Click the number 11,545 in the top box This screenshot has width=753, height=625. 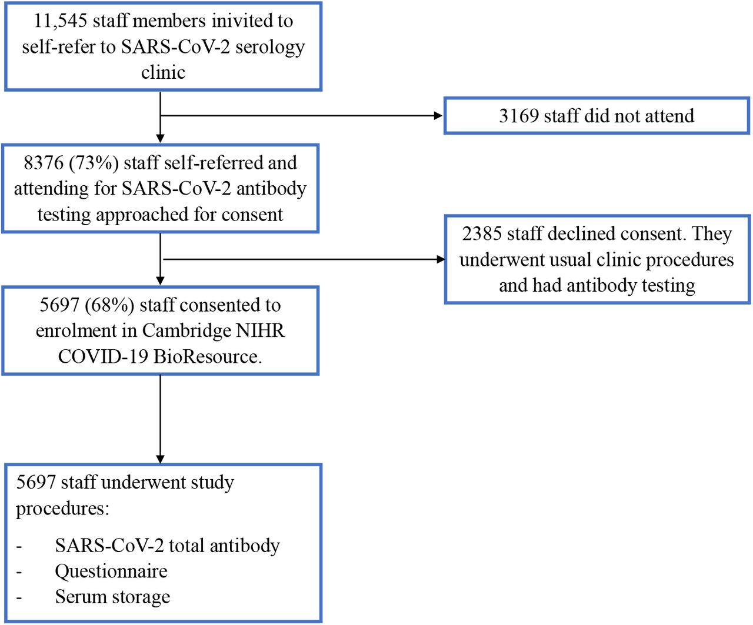point(61,21)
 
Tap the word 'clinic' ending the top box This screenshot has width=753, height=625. point(163,72)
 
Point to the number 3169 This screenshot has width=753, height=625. point(519,116)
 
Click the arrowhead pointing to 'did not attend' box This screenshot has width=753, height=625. point(438,116)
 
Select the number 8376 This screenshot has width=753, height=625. point(44,163)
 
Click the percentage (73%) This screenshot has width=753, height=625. point(94,163)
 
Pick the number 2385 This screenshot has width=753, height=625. point(482,234)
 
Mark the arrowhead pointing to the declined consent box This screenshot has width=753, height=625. point(441,259)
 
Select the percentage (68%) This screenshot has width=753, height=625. point(109,305)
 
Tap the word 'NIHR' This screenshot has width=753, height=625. point(260,331)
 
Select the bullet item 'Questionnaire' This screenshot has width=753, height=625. point(111,571)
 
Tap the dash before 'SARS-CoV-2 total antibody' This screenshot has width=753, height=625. point(19,547)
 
